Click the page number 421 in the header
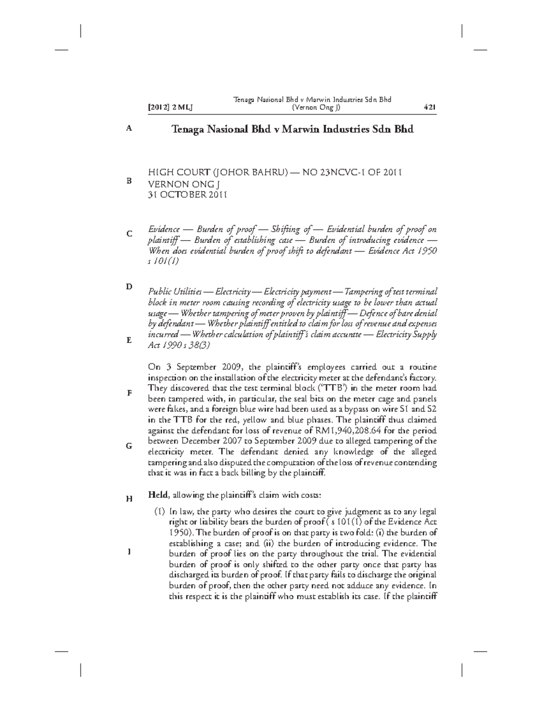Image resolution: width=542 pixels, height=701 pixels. point(429,107)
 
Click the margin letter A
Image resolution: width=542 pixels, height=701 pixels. point(129,129)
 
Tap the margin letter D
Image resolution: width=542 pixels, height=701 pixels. point(129,287)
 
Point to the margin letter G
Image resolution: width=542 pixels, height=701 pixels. point(129,446)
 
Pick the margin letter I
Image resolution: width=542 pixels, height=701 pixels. point(130,552)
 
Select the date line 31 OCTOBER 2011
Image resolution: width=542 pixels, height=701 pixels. point(187,195)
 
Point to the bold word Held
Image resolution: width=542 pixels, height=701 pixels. point(158,495)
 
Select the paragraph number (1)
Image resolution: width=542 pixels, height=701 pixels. point(159,512)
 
